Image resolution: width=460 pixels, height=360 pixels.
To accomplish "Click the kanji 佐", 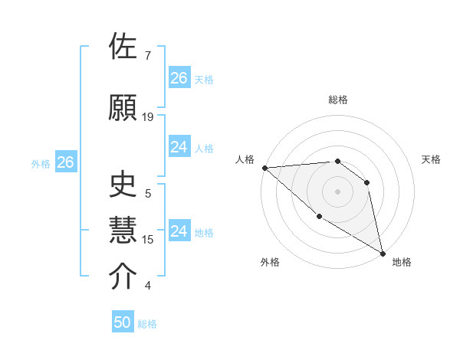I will (x=124, y=47).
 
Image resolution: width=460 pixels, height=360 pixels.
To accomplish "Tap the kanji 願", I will (x=124, y=108).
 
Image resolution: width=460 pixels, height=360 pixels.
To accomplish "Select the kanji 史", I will (x=124, y=185).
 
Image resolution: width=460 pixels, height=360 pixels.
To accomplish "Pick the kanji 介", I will (x=124, y=277).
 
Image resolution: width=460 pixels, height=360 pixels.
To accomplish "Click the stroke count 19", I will (x=148, y=117).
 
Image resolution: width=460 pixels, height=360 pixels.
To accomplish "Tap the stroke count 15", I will (x=148, y=240).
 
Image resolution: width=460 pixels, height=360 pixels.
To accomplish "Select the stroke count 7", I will (x=147, y=56).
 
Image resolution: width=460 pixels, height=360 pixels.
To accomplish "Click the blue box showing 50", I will (x=123, y=322).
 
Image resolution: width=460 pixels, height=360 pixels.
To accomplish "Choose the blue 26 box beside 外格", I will (x=65, y=162).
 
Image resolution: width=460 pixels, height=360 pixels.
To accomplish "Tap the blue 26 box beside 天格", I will (x=179, y=78).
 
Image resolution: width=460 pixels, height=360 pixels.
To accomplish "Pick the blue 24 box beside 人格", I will (x=179, y=147).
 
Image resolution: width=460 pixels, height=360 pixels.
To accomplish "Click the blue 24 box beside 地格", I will (x=179, y=231).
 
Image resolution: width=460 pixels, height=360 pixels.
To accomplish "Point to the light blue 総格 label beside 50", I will (x=147, y=324).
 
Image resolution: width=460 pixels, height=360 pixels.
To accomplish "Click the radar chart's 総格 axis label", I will (x=337, y=100).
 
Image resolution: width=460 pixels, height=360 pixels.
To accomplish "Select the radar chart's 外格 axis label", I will (x=270, y=262).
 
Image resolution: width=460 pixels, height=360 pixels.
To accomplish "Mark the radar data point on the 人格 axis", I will (x=264, y=168).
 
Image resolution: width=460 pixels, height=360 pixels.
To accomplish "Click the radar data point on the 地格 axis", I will (x=383, y=253).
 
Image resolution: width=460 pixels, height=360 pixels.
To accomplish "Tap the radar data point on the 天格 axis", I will (x=367, y=182).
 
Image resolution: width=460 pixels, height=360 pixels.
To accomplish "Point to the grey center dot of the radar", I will (x=337, y=191).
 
